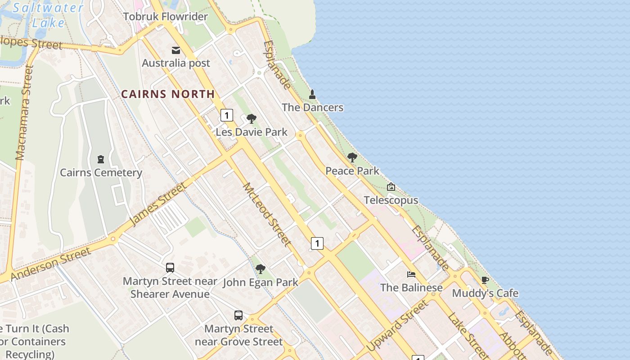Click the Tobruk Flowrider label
coord(165,17)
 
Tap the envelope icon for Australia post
coord(176,50)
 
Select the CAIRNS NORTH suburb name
coord(168,94)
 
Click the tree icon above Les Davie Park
coord(252,119)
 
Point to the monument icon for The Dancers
coord(312,94)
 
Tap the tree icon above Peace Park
coord(352,157)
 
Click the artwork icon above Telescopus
coord(391,187)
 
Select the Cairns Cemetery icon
coord(101,159)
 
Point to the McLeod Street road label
coord(266,214)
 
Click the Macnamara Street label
coord(24,112)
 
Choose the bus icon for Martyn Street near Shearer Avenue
coord(170,268)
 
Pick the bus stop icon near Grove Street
coord(238,315)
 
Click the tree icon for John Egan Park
coord(260,269)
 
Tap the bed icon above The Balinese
coord(411,274)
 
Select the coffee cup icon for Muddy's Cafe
coord(485,280)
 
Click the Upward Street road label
coord(397,326)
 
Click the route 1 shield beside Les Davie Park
coord(227,116)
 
